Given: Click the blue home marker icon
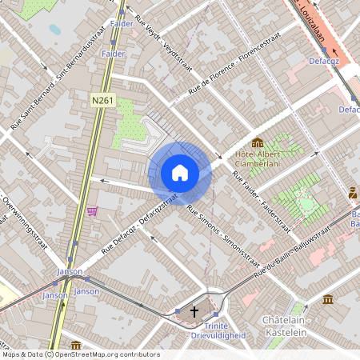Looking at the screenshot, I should click(x=180, y=172).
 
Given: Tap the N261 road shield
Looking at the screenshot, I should click(x=103, y=100).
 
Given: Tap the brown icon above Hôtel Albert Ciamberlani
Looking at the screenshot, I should click(x=258, y=142).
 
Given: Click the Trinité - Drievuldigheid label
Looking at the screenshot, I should click(x=210, y=330).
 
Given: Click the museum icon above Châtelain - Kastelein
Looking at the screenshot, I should click(x=328, y=299).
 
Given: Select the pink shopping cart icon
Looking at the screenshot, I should click(x=93, y=212).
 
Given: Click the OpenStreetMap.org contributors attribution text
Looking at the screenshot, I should click(x=107, y=354).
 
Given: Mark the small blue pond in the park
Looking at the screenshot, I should click(x=54, y=29).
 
